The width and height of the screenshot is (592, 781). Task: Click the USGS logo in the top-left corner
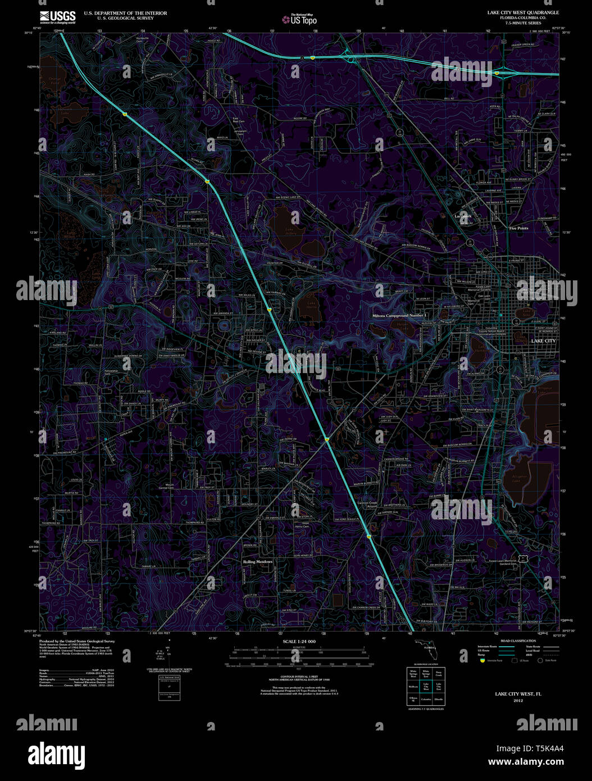tap(58, 16)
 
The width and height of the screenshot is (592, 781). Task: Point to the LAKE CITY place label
tap(543, 340)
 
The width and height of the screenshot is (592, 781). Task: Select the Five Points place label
tap(518, 228)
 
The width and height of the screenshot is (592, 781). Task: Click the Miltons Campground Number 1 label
tap(403, 316)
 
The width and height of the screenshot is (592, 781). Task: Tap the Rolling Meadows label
tap(258, 561)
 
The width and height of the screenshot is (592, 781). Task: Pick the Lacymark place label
tap(463, 216)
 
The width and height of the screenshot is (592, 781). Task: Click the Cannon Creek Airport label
tap(368, 505)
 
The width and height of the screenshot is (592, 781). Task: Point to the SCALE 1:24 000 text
tap(299, 641)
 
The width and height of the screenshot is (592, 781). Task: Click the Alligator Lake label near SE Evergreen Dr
tap(520, 478)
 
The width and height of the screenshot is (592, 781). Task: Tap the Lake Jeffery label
tap(289, 231)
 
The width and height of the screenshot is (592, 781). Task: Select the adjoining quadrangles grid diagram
tap(425, 685)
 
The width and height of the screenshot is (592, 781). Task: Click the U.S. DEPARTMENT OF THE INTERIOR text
tap(125, 13)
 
